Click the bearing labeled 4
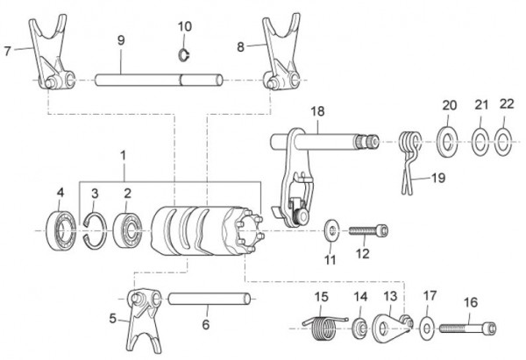coord(63,230)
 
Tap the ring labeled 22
coord(504,139)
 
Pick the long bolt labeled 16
coord(470,330)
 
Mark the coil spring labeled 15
coord(323,329)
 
